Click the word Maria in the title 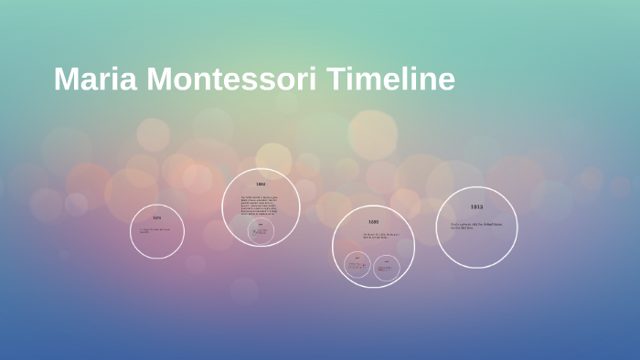[90, 79]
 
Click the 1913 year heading [476, 207]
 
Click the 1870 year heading [157, 217]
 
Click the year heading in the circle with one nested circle [261, 185]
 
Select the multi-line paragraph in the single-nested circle [260, 205]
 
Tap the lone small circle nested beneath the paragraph [261, 231]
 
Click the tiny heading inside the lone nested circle [261, 225]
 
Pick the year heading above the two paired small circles [373, 222]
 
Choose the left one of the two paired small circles [357, 265]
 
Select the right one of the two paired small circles [387, 266]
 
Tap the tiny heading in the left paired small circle [357, 259]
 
